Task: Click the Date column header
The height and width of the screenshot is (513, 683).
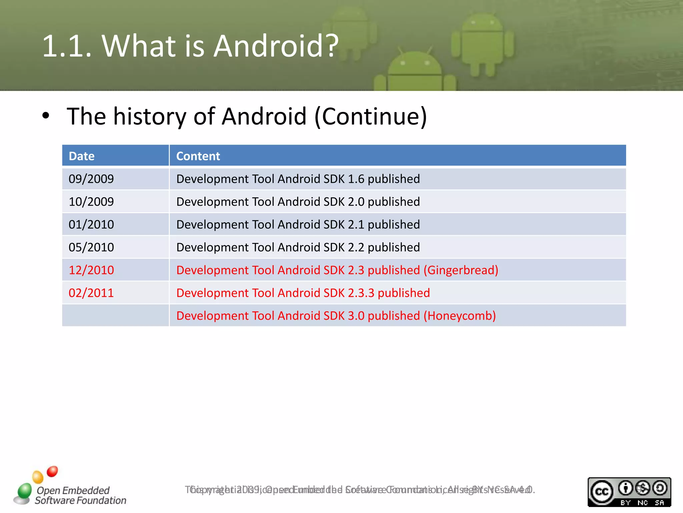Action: pos(82,156)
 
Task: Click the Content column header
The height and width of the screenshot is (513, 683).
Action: pos(198,156)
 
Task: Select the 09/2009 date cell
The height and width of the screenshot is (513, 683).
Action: pos(91,179)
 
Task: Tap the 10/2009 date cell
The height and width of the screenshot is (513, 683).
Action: pos(91,202)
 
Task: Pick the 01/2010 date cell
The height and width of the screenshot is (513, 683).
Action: pos(91,224)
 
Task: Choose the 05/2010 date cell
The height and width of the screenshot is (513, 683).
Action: pos(91,247)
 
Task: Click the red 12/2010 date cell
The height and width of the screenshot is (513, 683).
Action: pos(91,270)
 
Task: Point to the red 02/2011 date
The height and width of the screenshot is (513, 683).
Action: pos(91,293)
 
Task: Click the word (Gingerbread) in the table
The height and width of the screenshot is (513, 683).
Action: pos(461,270)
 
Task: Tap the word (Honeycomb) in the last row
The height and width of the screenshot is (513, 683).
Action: pos(460,316)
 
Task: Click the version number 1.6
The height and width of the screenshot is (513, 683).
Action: pos(356,179)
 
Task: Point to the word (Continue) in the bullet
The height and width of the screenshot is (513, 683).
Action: pos(371,116)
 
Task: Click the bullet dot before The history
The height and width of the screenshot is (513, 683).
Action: pos(46,116)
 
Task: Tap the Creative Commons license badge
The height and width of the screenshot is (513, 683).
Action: pos(629,492)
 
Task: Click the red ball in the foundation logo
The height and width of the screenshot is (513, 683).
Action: pos(52,471)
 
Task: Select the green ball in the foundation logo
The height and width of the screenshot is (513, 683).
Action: pos(24,491)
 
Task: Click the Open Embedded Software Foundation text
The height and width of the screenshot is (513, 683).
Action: pos(80,495)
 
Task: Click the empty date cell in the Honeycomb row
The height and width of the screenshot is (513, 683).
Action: pos(115,316)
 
